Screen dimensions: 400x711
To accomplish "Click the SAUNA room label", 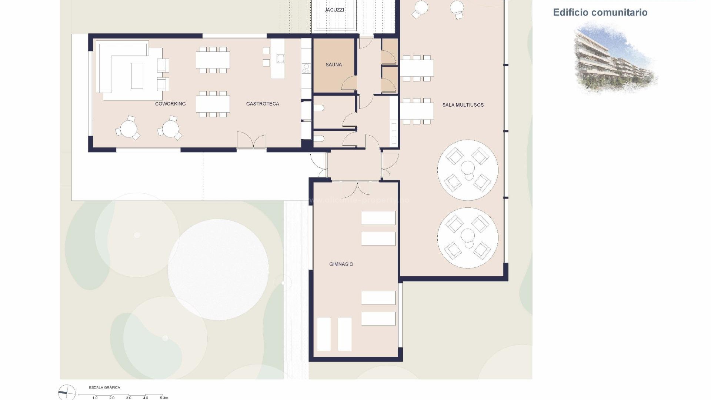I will coord(333,64).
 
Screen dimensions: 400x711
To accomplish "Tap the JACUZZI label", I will coord(334,10).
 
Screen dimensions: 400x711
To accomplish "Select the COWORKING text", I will coord(170,104).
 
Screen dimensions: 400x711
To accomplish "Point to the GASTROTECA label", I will coord(262,104).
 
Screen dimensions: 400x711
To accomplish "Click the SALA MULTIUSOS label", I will coord(463,105).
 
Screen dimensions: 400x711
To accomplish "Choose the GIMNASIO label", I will coord(341,264).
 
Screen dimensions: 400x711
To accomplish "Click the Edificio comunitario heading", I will coord(600,12).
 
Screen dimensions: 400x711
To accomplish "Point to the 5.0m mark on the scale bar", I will coord(164,398).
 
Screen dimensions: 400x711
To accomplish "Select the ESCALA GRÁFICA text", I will coord(104,387).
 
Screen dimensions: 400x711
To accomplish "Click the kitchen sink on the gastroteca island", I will coord(280,58).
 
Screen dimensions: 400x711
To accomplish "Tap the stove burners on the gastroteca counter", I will coord(306,68).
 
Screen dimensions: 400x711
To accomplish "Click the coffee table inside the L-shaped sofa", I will coord(137,76).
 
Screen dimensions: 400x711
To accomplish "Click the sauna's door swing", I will coord(349,83).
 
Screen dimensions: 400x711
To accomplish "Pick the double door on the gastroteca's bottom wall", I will coord(251,141).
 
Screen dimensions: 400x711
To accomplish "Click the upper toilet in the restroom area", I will coord(319,108).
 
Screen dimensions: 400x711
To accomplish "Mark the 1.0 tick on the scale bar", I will coord(95,398).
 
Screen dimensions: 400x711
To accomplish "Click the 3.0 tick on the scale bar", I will coord(128,398).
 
